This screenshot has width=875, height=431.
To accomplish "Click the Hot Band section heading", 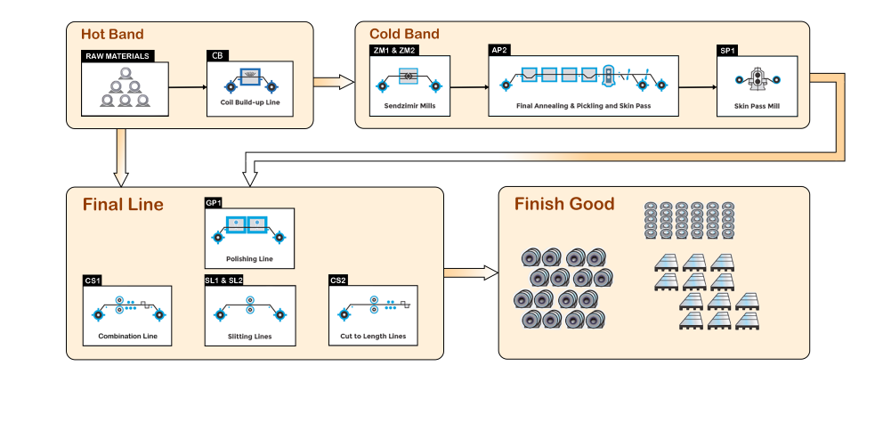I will tap(113, 35).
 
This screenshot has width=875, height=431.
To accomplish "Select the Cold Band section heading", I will tap(404, 35).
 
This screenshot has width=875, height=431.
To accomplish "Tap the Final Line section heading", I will tap(123, 205).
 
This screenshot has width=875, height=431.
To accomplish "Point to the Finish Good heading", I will tap(564, 204).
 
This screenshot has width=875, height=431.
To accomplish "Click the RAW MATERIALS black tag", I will tap(117, 56).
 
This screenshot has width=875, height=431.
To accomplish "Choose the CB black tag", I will tap(217, 56).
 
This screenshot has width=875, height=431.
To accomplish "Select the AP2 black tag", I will tap(499, 51).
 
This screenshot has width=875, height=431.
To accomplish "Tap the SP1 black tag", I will tap(728, 51).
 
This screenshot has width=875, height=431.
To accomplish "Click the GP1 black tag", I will tap(213, 203).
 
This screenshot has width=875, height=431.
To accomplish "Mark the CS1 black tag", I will tap(93, 281).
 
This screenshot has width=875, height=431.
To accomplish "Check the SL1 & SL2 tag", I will tap(223, 281).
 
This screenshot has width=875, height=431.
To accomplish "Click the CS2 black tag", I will tap(338, 281).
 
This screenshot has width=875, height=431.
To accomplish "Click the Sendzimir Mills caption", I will tap(409, 105).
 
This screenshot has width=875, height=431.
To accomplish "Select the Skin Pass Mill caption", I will tap(757, 105).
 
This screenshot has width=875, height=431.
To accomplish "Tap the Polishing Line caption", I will tap(249, 260).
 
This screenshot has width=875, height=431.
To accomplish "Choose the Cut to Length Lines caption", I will tap(373, 337).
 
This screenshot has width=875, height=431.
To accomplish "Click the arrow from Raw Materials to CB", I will tap(187, 87).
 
